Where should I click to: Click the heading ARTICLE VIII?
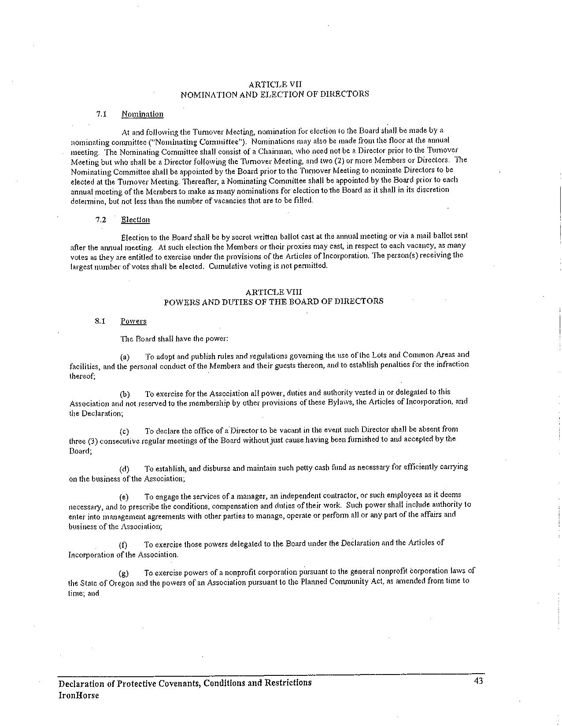click(x=274, y=292)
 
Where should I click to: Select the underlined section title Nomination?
click(x=142, y=114)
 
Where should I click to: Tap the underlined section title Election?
click(x=135, y=220)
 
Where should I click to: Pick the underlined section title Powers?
click(x=133, y=321)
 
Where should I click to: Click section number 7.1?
click(x=101, y=114)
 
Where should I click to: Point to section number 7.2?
click(x=101, y=220)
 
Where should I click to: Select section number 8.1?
click(x=100, y=321)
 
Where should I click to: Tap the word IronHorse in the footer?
click(x=79, y=695)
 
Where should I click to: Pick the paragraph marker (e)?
click(x=124, y=497)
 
